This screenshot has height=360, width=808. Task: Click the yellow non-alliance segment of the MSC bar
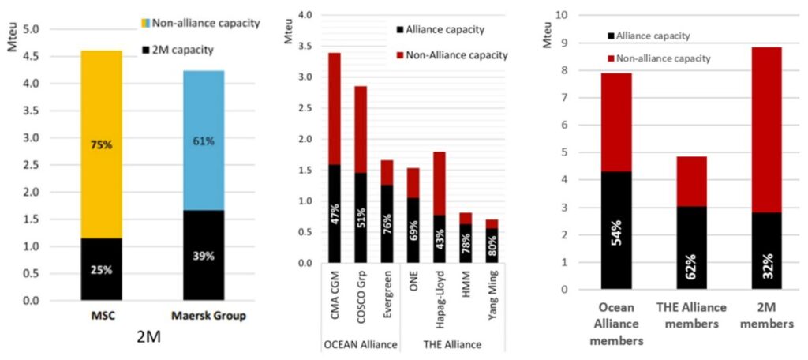click(102, 144)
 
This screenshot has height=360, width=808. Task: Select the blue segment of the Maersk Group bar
click(204, 141)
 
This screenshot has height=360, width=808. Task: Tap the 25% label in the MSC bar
click(102, 269)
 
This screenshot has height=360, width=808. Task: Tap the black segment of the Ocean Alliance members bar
click(617, 230)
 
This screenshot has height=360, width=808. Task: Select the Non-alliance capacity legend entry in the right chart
click(662, 58)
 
